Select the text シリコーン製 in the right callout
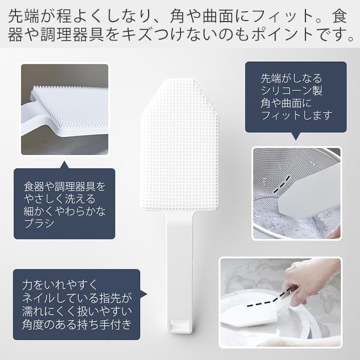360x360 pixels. tap(291, 91)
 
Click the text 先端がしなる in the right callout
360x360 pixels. tap(291, 79)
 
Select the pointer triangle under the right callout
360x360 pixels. tap(296, 136)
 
